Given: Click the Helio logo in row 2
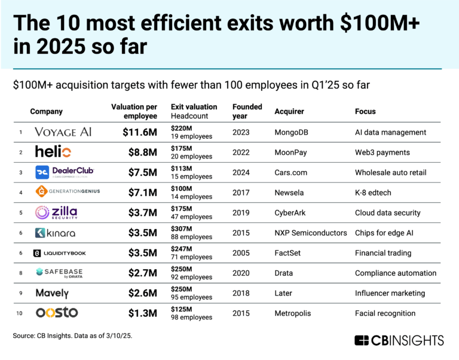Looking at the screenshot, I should [x=53, y=152].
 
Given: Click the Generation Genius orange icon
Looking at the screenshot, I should [x=41, y=192].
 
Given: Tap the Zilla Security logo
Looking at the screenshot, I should [x=56, y=212].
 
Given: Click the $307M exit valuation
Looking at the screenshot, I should [x=182, y=228].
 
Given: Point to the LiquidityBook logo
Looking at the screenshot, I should [x=60, y=253].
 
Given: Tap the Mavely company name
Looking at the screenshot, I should [x=52, y=293].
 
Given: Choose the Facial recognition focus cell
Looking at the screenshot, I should [x=385, y=313].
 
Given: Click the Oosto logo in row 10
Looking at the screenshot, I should [x=57, y=313].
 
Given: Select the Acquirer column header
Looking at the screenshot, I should [x=289, y=111].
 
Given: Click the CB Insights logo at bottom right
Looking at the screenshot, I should [x=399, y=340].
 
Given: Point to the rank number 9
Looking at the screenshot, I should [x=21, y=293].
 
